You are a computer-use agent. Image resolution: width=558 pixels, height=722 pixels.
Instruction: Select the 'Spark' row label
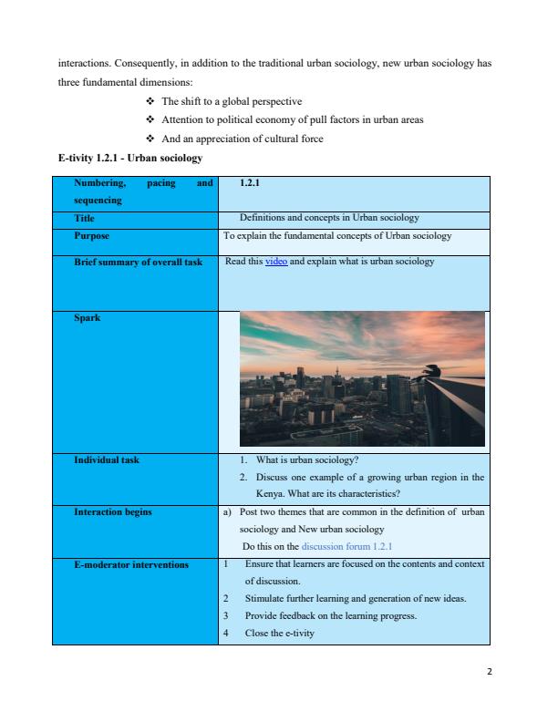point(88,319)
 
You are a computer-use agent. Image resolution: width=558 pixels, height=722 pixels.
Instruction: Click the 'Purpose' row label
point(91,236)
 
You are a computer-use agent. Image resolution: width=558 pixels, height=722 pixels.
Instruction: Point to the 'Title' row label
point(85,219)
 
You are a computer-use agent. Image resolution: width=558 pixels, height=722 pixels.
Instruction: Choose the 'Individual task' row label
point(107,459)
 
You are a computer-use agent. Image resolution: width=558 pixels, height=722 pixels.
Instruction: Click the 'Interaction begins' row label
point(113,512)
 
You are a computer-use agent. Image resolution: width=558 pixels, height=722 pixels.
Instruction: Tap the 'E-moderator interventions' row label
point(131,565)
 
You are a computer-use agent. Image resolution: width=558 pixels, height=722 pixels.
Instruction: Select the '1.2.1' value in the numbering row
point(249,184)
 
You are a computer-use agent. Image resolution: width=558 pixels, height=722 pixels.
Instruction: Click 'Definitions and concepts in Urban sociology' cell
point(328,219)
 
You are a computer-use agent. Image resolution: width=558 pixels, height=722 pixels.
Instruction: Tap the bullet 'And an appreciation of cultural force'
point(243,139)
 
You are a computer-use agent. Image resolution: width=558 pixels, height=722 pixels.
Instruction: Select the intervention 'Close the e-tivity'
point(280,634)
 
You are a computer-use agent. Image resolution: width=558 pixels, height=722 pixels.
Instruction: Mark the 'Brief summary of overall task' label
point(138,262)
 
